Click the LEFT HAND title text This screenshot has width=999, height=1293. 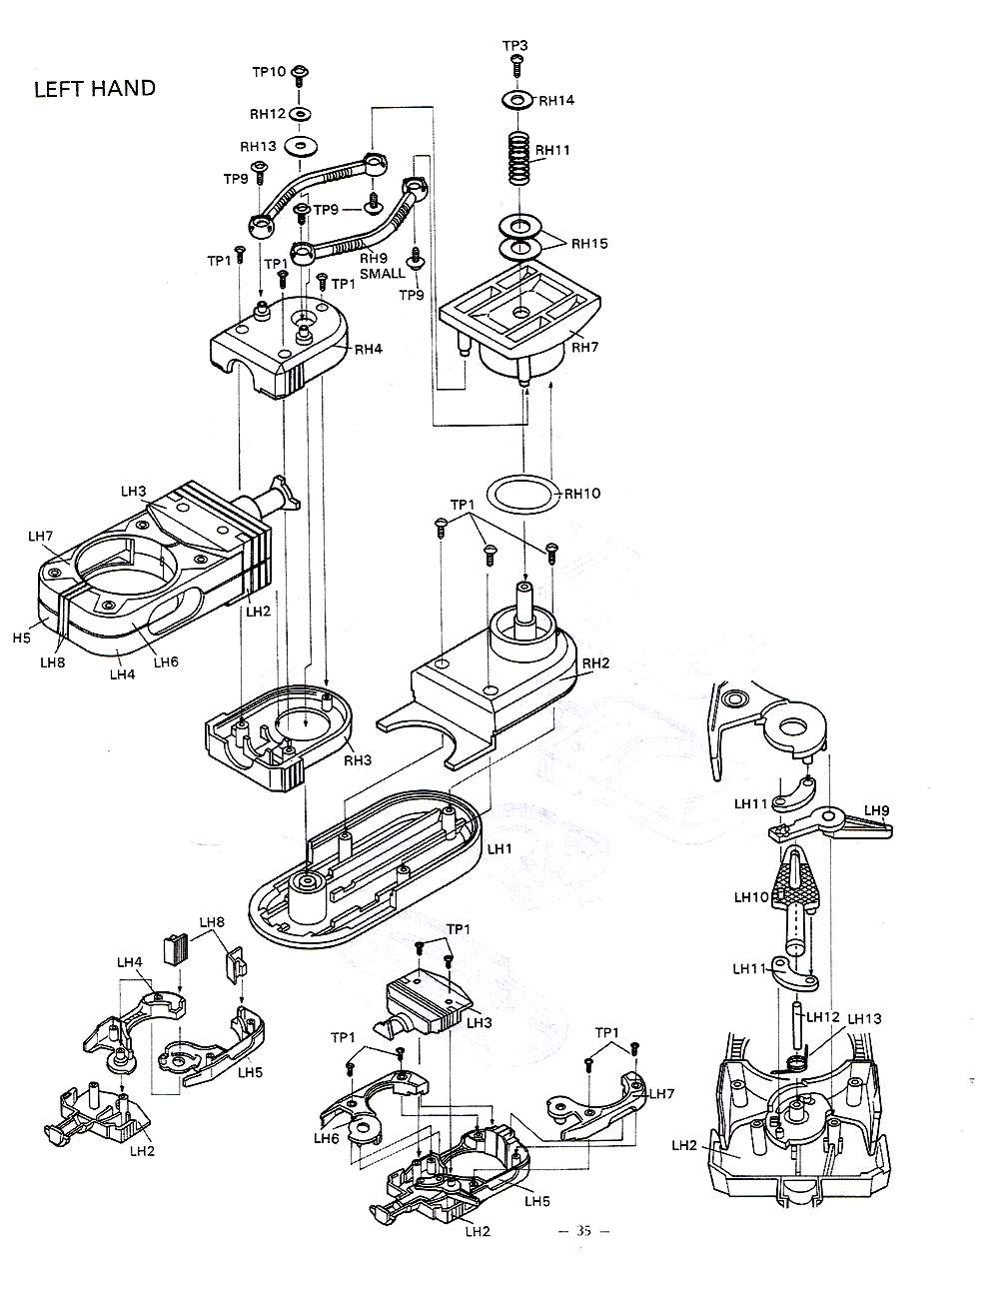point(95,89)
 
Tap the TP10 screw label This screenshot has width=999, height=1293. point(270,72)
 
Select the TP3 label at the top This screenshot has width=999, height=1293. point(514,46)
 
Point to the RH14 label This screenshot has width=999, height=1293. point(556,101)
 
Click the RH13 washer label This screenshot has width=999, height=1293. point(258,146)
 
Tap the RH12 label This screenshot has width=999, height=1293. point(268,114)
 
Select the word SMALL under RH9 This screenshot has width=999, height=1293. point(382,274)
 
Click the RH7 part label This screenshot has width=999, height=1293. point(585,347)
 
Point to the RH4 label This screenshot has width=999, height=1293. point(369,350)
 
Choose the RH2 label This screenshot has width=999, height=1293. point(595,662)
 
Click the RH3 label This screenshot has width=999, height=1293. point(358,760)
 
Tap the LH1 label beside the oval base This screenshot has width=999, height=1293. point(499,849)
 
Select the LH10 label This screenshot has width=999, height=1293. point(751,897)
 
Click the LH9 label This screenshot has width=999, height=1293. point(876,810)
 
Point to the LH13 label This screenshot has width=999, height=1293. point(864,1018)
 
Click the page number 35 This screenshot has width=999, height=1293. point(584,1231)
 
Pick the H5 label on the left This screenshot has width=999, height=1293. point(21,638)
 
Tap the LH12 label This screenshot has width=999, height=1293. point(823,1017)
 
